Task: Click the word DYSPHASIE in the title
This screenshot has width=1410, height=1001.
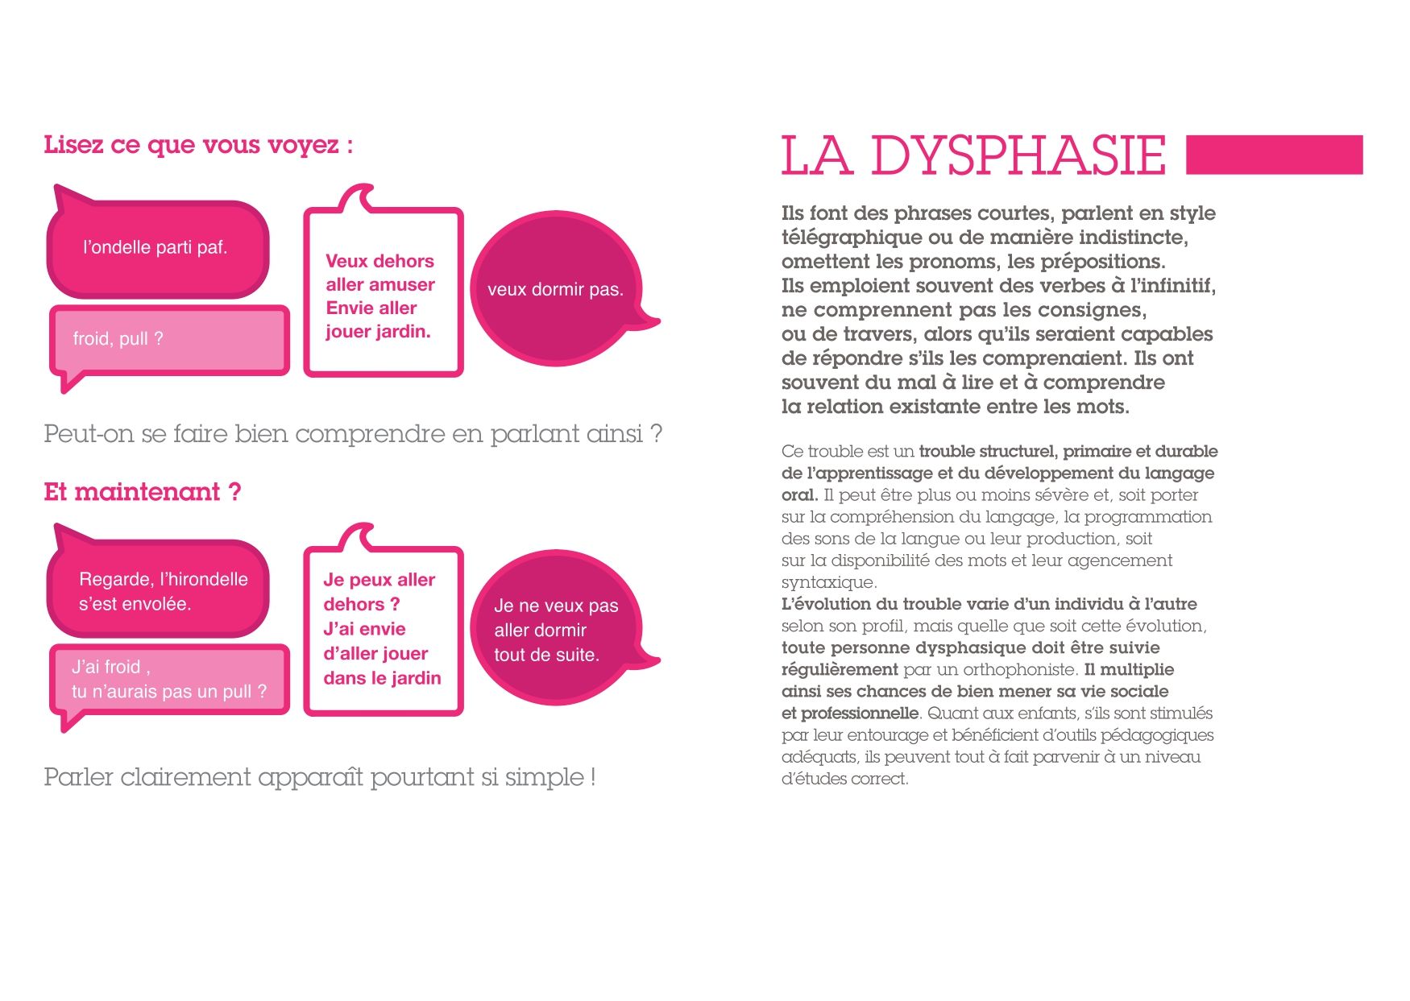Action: tap(1018, 155)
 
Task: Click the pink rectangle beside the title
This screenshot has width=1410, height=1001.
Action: tap(1274, 155)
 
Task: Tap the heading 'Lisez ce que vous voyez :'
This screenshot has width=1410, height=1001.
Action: tap(198, 145)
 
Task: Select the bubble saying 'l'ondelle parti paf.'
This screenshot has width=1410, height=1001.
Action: tap(156, 248)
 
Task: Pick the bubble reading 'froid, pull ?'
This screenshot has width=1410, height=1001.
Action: tap(168, 339)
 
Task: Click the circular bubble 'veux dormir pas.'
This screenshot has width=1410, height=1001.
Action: tap(556, 289)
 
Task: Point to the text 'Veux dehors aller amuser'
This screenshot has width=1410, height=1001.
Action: tap(380, 273)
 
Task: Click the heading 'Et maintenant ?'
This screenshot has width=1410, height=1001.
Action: tap(143, 492)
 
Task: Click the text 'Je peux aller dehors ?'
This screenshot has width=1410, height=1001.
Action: tap(379, 592)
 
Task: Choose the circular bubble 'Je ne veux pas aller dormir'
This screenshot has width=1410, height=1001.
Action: tap(555, 630)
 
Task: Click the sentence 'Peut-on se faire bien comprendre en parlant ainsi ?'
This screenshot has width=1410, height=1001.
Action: tap(353, 434)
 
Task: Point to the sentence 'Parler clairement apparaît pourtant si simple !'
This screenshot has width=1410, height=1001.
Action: tap(320, 777)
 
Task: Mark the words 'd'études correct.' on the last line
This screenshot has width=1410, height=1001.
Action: tap(844, 779)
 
